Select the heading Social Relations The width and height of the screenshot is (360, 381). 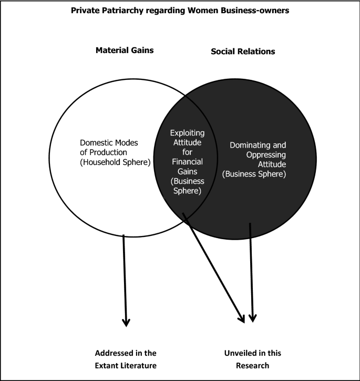click(243, 52)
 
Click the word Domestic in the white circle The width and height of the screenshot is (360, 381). click(97, 142)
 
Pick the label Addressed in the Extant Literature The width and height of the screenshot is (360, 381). click(126, 359)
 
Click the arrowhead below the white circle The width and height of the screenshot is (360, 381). click(126, 322)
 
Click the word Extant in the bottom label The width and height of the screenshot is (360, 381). click(108, 365)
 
